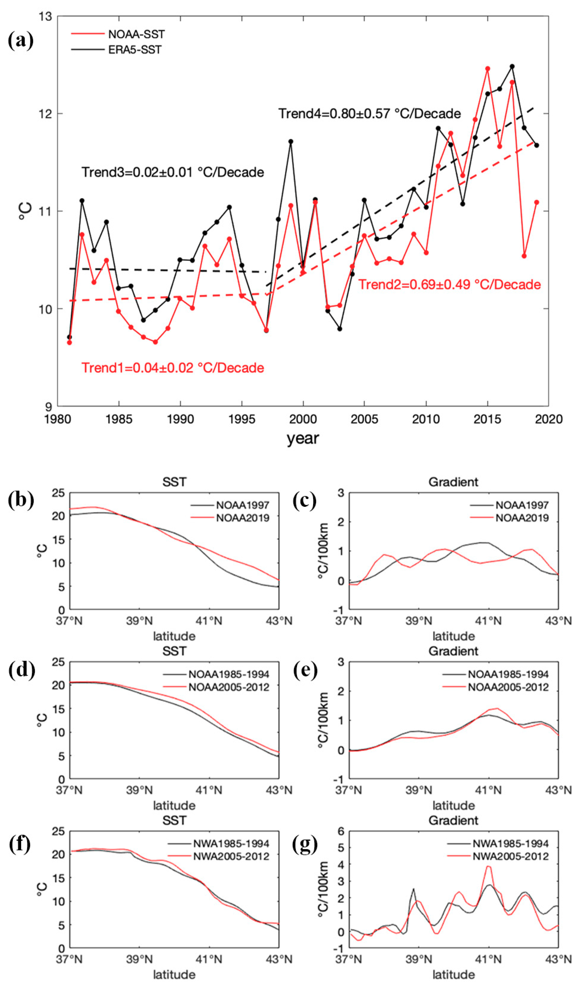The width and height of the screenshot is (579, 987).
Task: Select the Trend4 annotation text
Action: pos(369,114)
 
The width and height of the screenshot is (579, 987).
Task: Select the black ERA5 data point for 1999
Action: pos(290,141)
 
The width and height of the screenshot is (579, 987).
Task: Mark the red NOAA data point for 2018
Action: pos(524,256)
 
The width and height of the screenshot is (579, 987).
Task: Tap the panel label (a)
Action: pos(20,40)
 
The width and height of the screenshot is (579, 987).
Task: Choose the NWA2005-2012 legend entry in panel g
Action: pos(510,856)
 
